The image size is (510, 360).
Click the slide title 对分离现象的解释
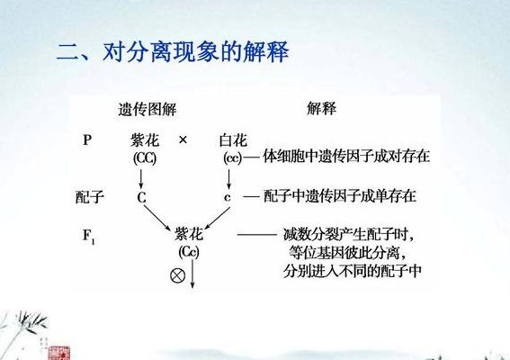[x=196, y=51]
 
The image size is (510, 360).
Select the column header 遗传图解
[x=148, y=109]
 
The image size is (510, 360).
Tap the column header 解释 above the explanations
[x=322, y=108]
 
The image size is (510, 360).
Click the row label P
[x=87, y=140]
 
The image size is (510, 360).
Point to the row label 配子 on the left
[x=90, y=197]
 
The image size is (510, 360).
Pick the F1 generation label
[x=89, y=236]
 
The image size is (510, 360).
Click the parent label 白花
[x=233, y=140]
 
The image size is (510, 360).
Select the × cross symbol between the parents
[x=183, y=140]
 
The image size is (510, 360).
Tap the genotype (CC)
[x=145, y=158]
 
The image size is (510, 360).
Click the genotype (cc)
[x=233, y=158]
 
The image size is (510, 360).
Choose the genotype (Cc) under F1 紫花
[x=189, y=252]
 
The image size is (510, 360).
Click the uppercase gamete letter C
[x=141, y=198]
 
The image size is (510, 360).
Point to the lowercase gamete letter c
[x=228, y=198]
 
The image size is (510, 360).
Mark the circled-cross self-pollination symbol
[x=177, y=275]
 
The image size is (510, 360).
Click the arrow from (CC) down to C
[x=141, y=179]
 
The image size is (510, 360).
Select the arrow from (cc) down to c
[x=228, y=179]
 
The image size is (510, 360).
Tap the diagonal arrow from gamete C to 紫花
[x=157, y=218]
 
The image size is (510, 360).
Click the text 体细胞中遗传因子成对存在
[x=346, y=157]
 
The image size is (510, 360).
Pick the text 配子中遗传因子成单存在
[x=340, y=196]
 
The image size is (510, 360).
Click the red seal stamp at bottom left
[x=58, y=353]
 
